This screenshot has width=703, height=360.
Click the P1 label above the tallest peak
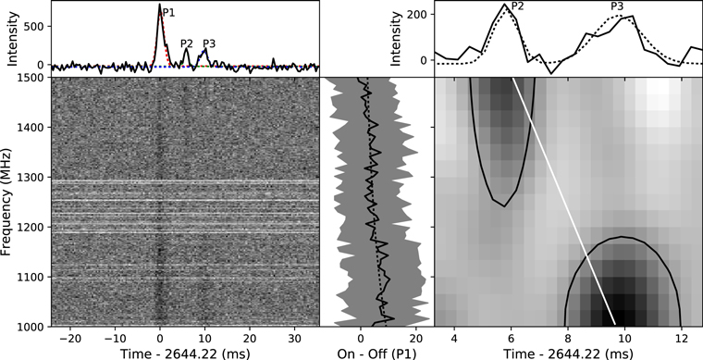(x=168, y=12)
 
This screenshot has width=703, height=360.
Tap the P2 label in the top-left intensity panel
(x=187, y=43)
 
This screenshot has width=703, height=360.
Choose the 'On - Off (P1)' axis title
(x=376, y=354)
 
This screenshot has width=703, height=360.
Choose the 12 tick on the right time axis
(x=683, y=336)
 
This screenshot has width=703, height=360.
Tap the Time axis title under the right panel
(x=568, y=354)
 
